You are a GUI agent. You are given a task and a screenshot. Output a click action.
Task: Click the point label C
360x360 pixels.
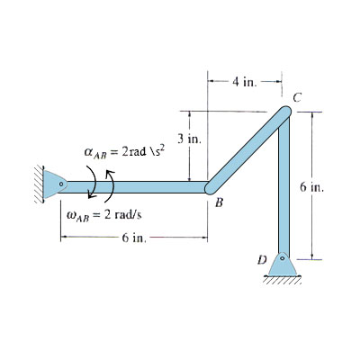(297, 97)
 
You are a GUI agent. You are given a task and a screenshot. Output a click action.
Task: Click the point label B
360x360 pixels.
(220, 203)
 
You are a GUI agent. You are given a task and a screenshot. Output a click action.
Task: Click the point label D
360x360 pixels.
(262, 259)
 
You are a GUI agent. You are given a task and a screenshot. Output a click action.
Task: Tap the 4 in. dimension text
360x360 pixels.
(245, 82)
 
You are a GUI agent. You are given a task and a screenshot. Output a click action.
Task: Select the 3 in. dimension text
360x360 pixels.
(189, 139)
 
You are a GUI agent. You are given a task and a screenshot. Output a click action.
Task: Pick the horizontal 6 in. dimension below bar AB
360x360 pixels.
(134, 238)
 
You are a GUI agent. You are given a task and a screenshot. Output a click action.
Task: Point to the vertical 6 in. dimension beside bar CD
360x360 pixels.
(312, 186)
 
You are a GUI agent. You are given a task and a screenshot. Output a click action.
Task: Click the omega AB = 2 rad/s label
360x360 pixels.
(104, 215)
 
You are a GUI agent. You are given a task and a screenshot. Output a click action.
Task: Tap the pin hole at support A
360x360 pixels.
(61, 184)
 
